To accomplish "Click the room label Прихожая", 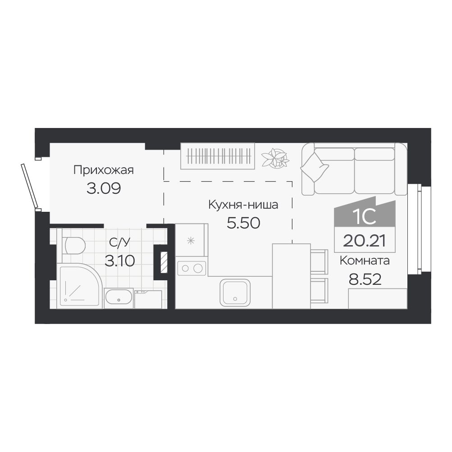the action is [104, 170].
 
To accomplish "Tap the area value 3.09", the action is [104, 188].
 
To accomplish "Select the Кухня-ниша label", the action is [243, 205].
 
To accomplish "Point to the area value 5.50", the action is [243, 223].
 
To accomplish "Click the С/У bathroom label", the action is [119, 242].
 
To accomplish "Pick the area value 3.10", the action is [119, 261].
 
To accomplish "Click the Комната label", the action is [365, 260].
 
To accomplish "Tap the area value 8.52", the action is [365, 279].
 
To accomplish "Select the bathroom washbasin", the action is [119, 298].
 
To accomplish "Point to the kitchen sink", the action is [235, 292].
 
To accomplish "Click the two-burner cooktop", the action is [192, 269].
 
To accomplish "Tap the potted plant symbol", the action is [275, 158].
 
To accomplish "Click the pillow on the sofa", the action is [315, 167].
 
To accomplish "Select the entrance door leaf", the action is [29, 186].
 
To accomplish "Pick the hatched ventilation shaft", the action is [164, 262].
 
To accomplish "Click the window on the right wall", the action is [415, 229].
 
